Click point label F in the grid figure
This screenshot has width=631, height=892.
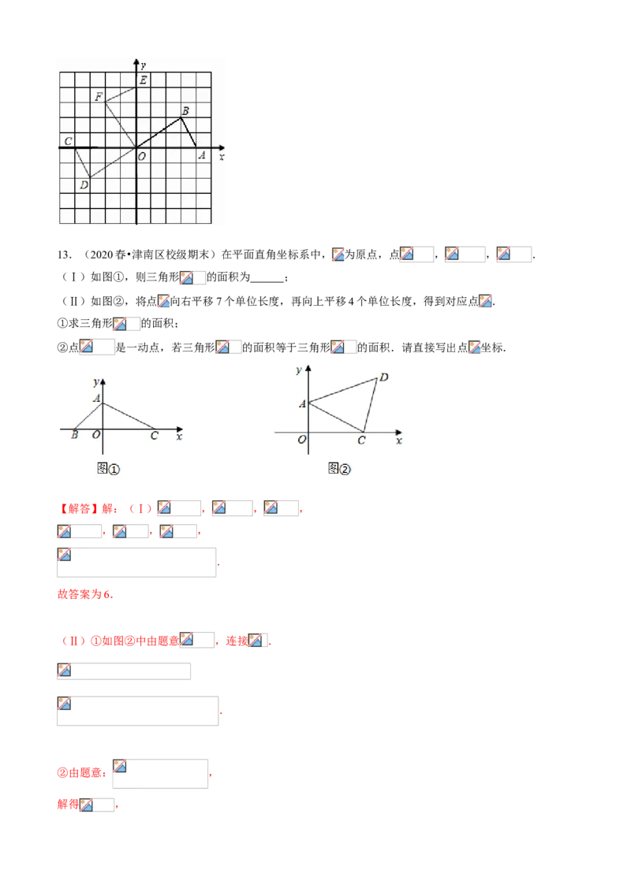pos(99,97)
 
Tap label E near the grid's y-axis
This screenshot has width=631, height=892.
pos(143,80)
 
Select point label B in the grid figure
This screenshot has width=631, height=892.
pos(185,111)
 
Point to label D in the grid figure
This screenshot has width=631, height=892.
pos(84,185)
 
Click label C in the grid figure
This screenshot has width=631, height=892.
pos(69,141)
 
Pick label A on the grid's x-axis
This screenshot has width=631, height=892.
pos(202,154)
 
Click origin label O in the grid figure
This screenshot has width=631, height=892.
pos(142,157)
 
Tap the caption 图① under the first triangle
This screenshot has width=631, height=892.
pos(108,469)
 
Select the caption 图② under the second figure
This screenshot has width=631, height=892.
pos(339,469)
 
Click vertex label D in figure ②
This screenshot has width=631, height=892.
pos(384,377)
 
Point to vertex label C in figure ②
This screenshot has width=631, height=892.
pos(361,440)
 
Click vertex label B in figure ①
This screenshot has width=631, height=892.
pos(75,435)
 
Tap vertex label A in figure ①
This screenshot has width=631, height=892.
pos(97,398)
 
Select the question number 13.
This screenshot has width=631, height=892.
pos(65,255)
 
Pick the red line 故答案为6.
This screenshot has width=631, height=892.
pos(85,594)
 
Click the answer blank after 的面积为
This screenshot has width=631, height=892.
pos(267,278)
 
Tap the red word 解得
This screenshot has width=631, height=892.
pos(68,805)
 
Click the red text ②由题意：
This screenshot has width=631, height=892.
pos(82,773)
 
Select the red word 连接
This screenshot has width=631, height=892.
pos(237,641)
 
